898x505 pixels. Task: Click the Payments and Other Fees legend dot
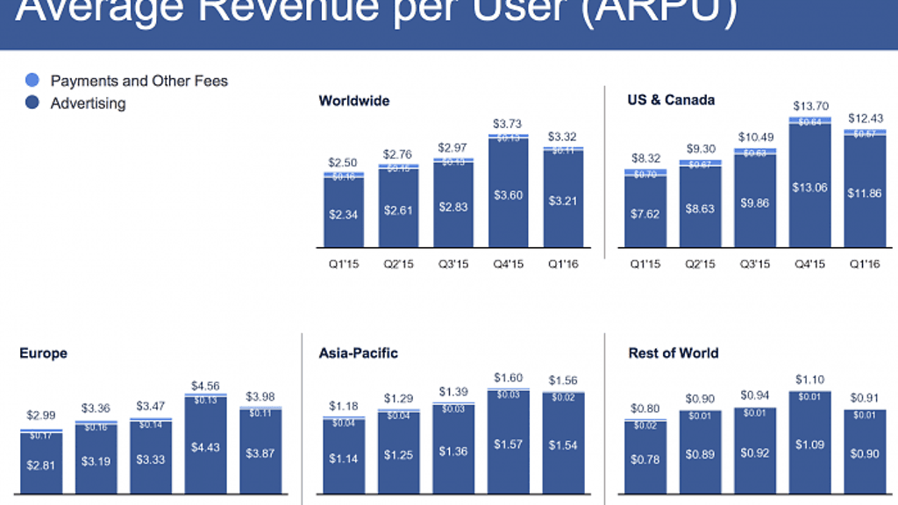click(x=32, y=81)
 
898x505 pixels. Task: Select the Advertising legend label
click(x=88, y=103)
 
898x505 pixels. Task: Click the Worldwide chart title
click(x=354, y=101)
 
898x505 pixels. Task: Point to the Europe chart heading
click(x=43, y=353)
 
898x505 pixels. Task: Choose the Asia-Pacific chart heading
click(x=358, y=353)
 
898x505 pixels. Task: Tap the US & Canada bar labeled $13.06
click(x=810, y=188)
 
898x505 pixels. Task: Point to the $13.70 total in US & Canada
click(x=810, y=105)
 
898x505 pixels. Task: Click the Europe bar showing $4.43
click(x=206, y=447)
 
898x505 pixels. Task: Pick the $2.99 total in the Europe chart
click(x=41, y=415)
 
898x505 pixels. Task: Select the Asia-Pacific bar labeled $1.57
click(x=509, y=445)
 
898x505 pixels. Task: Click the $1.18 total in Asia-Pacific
click(x=345, y=406)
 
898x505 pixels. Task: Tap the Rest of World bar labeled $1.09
click(x=810, y=445)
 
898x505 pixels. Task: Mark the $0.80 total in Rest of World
click(x=645, y=409)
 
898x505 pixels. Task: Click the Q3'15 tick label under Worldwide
click(x=454, y=264)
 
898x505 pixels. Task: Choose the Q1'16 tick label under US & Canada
click(x=865, y=264)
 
